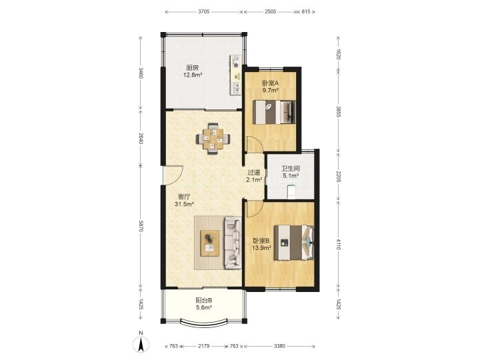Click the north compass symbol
[x=141, y=343]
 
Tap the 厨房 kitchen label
[x=193, y=67]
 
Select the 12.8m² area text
[x=193, y=75]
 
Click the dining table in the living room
[x=213, y=139]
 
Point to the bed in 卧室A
[x=274, y=112]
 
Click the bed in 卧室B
[x=294, y=243]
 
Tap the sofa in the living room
[x=233, y=243]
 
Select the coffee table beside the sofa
[x=210, y=243]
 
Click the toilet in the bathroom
[x=291, y=191]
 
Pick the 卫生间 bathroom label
[x=291, y=169]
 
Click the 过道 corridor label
[x=254, y=173]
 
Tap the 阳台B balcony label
[x=204, y=300]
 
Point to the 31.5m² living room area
[x=185, y=204]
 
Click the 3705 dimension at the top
[x=203, y=11]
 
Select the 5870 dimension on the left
[x=141, y=226]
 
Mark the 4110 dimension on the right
[x=338, y=244]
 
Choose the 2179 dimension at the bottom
[x=203, y=346]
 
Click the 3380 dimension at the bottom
[x=279, y=346]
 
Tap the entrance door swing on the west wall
[x=173, y=175]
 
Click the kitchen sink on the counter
[x=236, y=88]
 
